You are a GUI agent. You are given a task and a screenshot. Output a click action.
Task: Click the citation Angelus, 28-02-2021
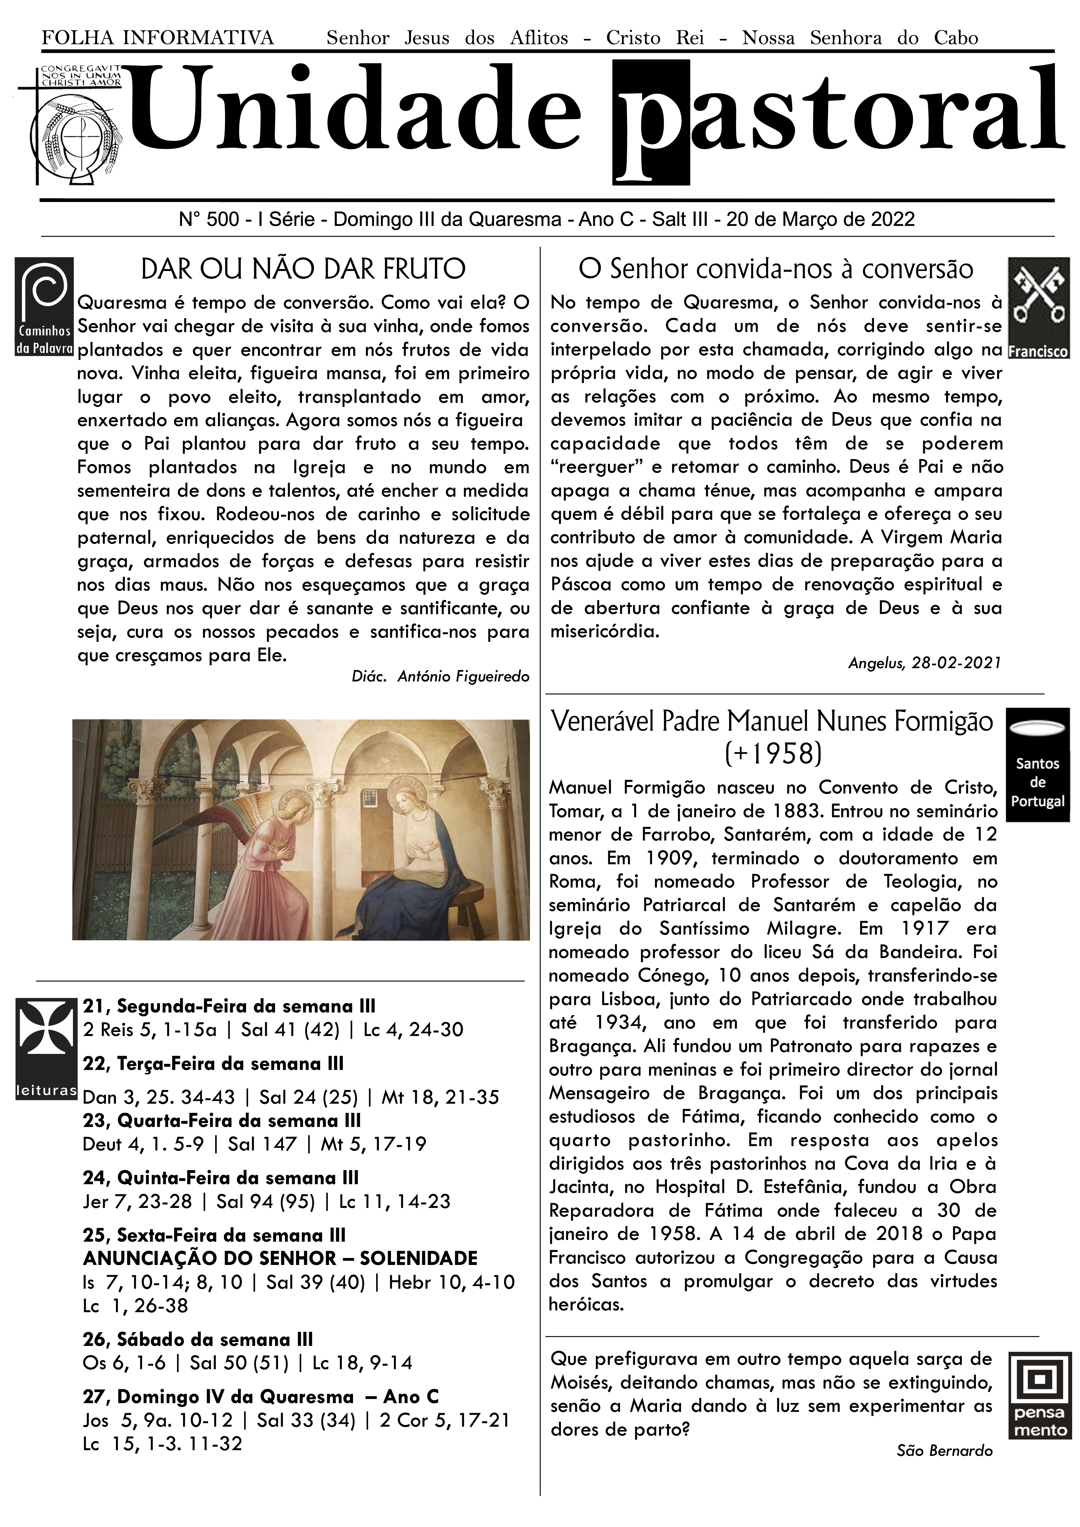pos(924,663)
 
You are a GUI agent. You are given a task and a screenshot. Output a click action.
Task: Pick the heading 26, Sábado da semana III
pos(198,1339)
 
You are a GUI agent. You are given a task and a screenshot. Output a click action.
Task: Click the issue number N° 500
pos(209,219)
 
